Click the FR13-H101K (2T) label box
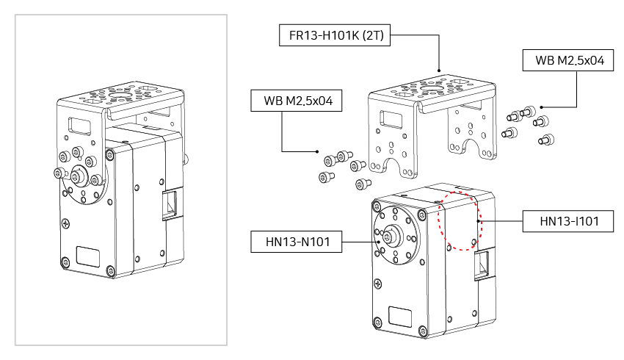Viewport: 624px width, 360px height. click(x=336, y=35)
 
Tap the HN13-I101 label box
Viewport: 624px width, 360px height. click(x=567, y=220)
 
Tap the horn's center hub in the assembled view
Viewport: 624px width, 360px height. click(x=78, y=176)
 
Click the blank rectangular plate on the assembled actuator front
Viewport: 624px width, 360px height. click(x=88, y=256)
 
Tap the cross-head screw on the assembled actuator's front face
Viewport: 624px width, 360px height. click(x=67, y=223)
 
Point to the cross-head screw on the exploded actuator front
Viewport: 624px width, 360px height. click(x=377, y=283)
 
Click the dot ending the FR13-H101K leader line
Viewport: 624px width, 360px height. click(x=439, y=72)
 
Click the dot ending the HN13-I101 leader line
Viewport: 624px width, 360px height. click(x=479, y=220)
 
